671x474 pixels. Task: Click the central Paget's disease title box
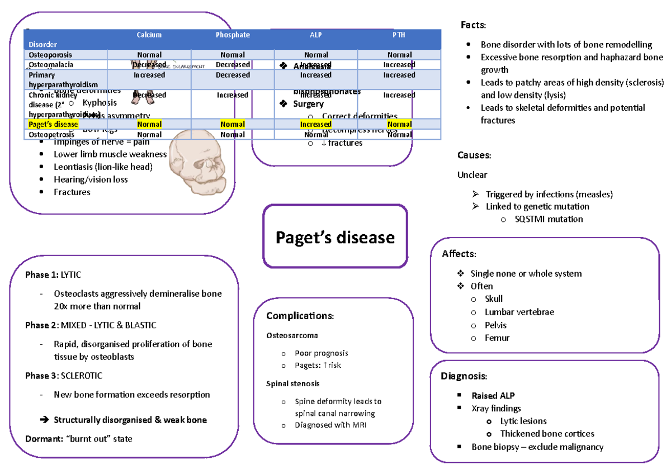pos(335,237)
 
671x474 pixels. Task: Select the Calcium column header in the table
pos(149,35)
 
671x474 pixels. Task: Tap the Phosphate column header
pos(233,35)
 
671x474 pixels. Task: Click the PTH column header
pos(399,35)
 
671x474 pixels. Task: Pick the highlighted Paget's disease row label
pos(54,124)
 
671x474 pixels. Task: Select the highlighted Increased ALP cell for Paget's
pos(315,124)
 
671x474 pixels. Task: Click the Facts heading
pos(473,25)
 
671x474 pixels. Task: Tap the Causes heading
pos(474,155)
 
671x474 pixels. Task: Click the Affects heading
pos(459,254)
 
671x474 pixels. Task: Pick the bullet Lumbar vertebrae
pos(519,312)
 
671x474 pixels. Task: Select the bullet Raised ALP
pos(493,396)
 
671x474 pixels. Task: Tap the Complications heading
pos(300,316)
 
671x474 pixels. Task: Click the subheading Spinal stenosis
pos(293,384)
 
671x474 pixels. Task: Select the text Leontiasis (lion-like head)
pos(103,167)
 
